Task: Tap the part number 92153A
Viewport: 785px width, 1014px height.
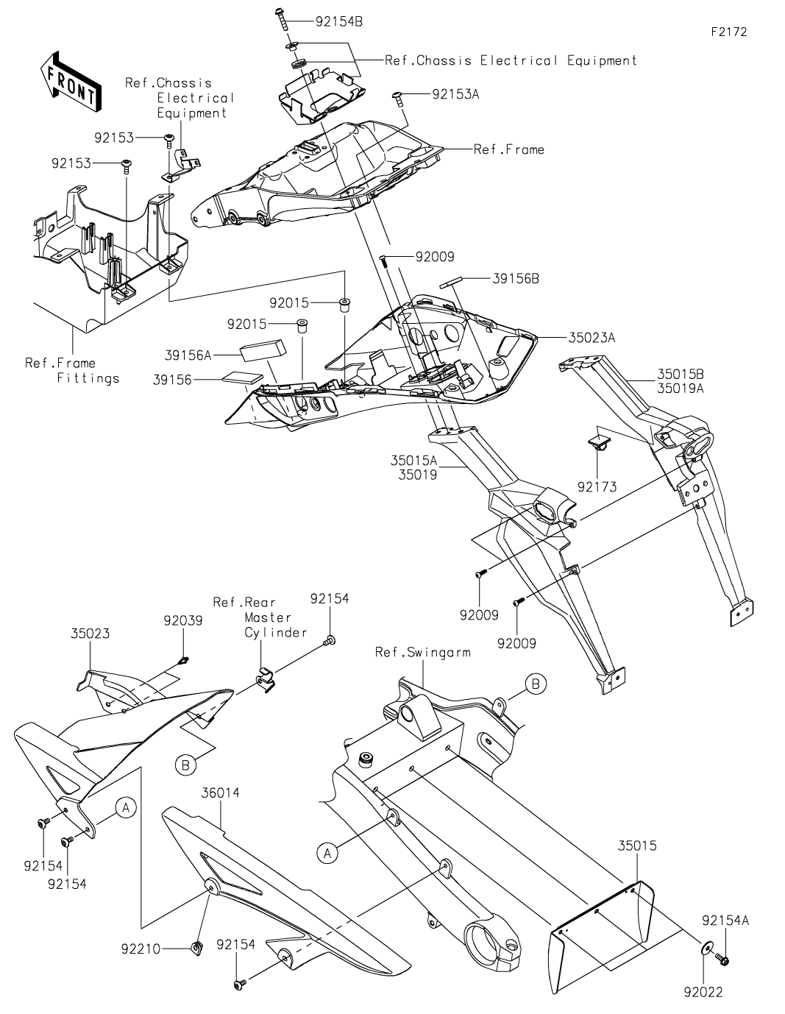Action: click(x=455, y=94)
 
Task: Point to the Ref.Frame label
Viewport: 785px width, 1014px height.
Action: click(x=509, y=149)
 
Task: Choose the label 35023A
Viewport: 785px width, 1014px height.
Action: click(x=592, y=338)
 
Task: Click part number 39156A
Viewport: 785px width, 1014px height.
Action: click(x=188, y=355)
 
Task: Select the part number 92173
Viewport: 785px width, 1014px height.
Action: click(x=597, y=486)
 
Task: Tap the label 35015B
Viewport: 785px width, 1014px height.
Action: click(x=681, y=375)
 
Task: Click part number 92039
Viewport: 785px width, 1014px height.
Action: click(x=182, y=620)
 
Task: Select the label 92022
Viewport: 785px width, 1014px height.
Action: click(x=702, y=993)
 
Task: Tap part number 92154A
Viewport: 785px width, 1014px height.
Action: click(x=726, y=921)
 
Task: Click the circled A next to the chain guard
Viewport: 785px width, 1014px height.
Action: click(x=126, y=807)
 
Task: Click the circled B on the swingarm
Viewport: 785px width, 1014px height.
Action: click(x=536, y=684)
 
